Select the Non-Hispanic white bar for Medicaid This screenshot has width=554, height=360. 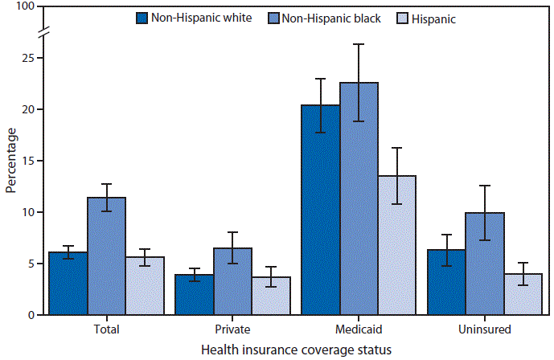point(320,210)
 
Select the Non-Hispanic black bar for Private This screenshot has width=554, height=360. point(232,281)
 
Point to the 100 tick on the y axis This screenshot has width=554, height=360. point(26,7)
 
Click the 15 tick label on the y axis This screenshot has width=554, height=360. point(29,161)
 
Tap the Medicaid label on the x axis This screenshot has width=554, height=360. point(359,329)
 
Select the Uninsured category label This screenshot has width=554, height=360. point(485,329)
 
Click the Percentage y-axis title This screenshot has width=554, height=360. point(10,161)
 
